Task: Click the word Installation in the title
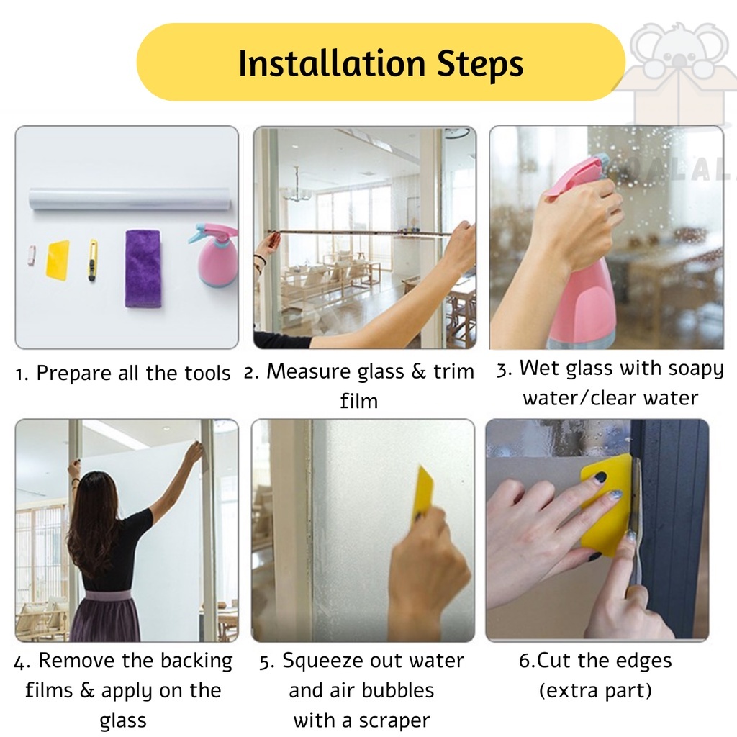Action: pos(332,63)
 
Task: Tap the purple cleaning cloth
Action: pos(143,268)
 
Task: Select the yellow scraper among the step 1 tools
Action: pos(58,258)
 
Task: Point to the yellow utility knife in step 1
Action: pos(93,260)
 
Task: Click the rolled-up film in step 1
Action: pos(130,199)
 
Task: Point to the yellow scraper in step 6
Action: pos(606,505)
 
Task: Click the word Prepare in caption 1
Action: pos(74,374)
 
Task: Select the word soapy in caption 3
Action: pos(696,369)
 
